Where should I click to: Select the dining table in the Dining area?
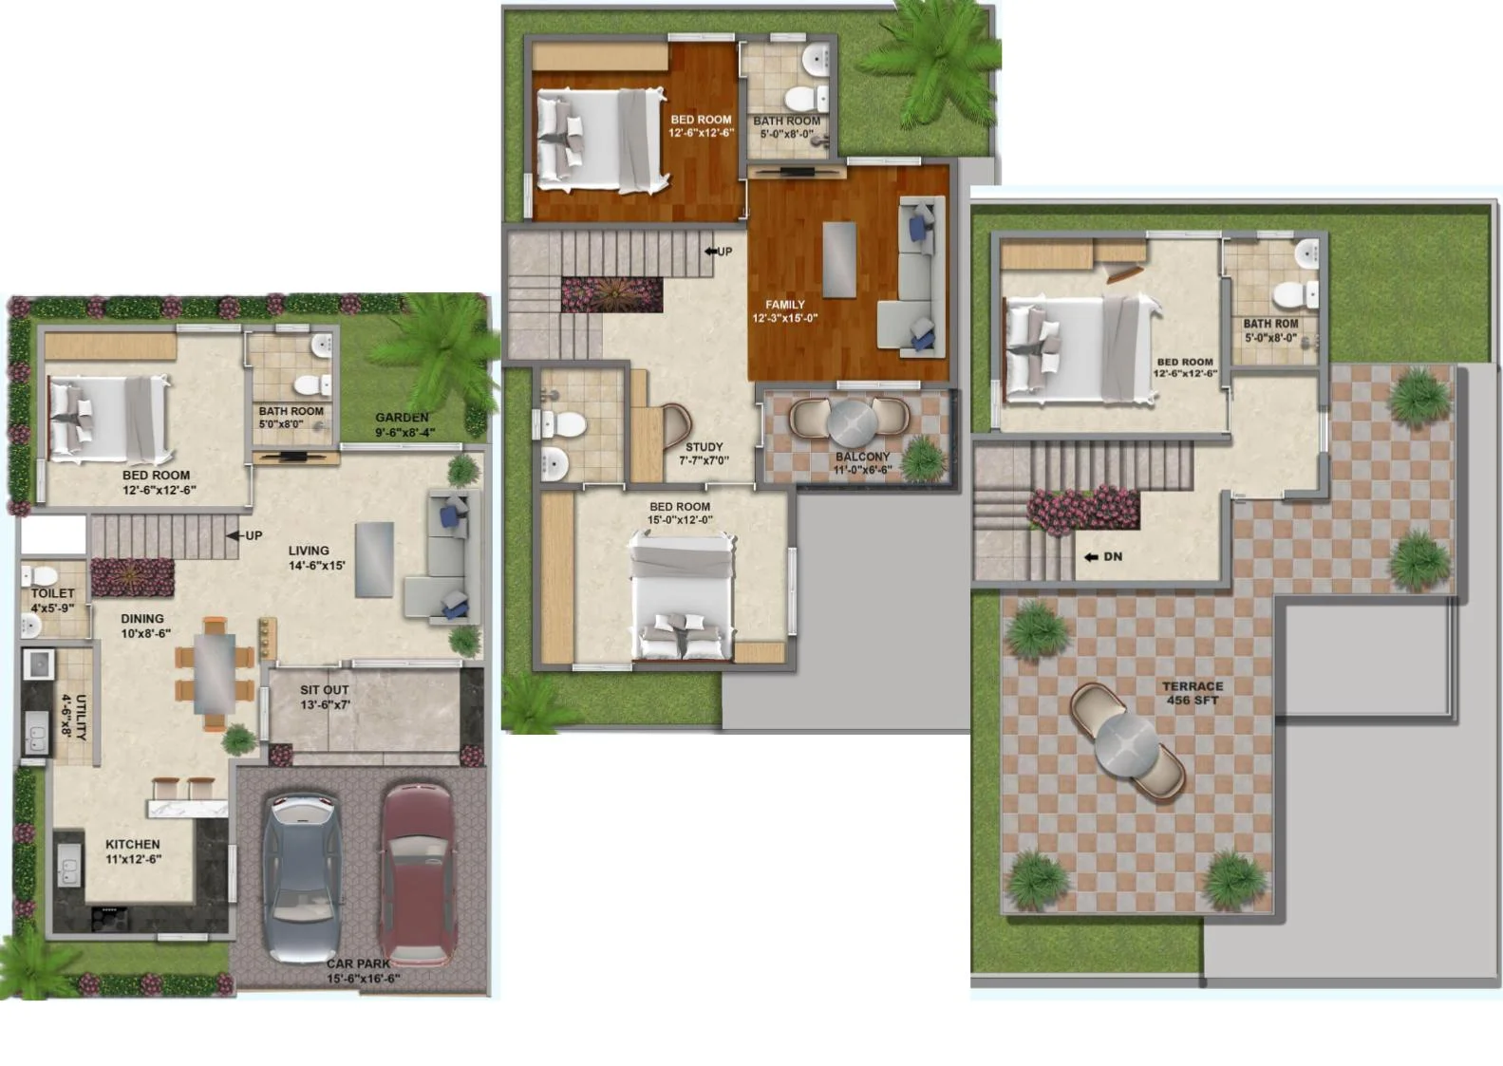pos(215,673)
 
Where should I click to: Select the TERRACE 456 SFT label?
pos(1193,693)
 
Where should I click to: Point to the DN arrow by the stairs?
pos(1091,557)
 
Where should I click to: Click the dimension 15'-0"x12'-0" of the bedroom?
pos(680,520)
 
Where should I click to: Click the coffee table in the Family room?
pos(839,260)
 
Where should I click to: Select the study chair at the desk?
pos(676,426)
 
